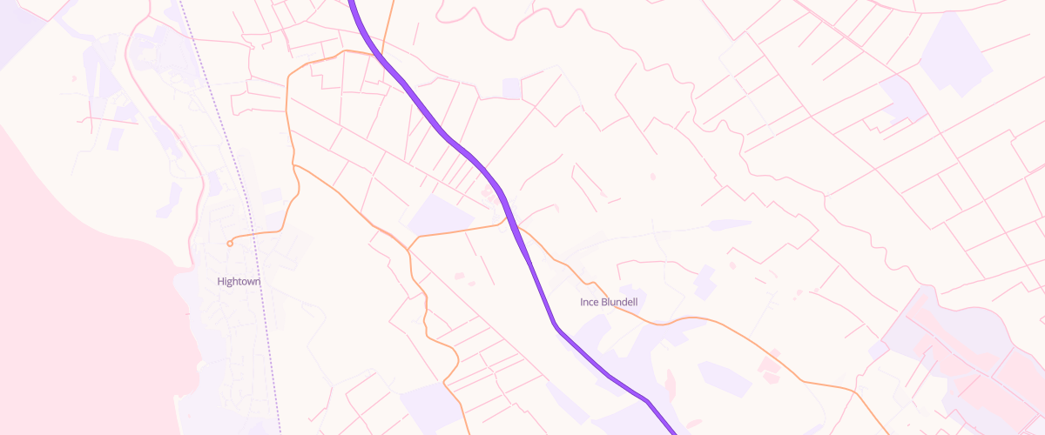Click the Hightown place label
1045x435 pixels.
(x=239, y=282)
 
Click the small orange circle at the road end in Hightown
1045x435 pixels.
(x=230, y=244)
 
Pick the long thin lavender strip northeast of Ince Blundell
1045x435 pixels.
(x=730, y=224)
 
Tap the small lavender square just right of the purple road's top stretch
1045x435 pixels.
(x=512, y=88)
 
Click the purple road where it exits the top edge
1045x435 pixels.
(x=351, y=3)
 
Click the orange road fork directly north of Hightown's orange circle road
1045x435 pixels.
(x=295, y=164)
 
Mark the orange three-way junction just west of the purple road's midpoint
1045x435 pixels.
(x=408, y=251)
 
